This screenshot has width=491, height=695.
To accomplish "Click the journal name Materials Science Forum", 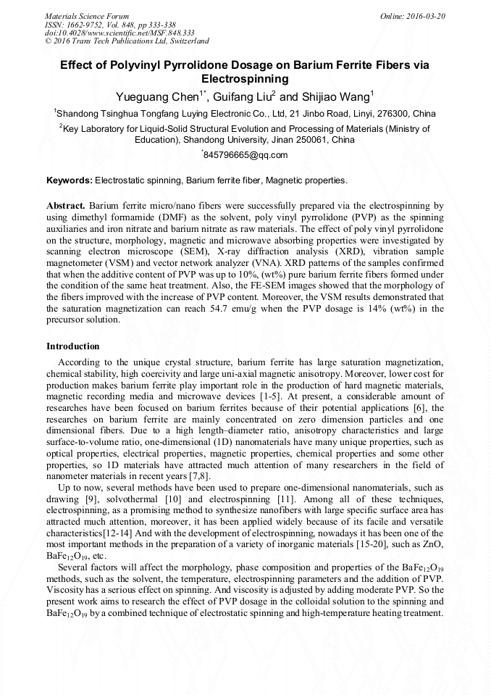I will click(87, 16).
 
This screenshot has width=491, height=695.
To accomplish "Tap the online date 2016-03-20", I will click(424, 16).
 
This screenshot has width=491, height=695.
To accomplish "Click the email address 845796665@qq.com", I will click(246, 155).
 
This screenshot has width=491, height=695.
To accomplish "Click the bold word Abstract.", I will click(66, 206).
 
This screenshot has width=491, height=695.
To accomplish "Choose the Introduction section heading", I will click(72, 346).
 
